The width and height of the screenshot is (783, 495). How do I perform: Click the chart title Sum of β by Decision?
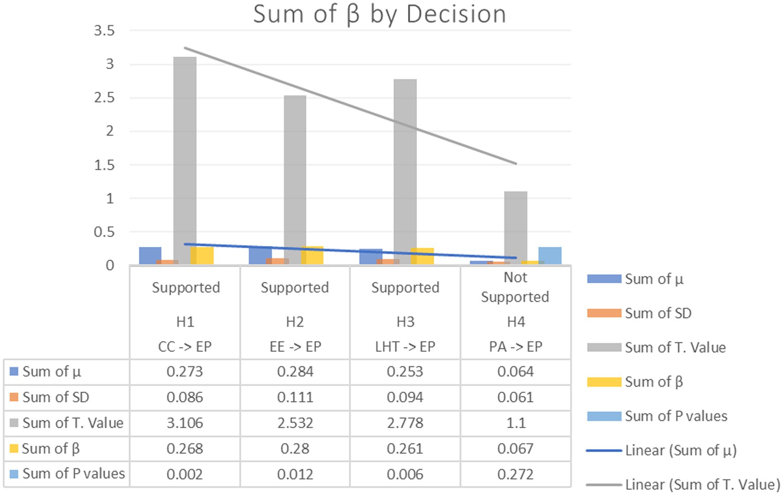point(379,14)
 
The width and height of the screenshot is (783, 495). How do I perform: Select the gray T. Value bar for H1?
point(185,160)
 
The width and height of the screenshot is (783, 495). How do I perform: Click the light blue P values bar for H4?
point(550,255)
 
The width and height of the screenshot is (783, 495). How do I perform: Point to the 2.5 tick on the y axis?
point(104,98)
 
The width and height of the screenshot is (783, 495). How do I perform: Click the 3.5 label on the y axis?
point(104,31)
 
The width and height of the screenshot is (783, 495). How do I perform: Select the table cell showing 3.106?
point(185,423)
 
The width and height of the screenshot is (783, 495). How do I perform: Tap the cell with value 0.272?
point(515,474)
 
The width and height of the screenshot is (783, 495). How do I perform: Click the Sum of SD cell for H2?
point(295,397)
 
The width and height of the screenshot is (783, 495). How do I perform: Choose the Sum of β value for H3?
point(405,448)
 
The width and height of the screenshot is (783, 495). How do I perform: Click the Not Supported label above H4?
point(515,287)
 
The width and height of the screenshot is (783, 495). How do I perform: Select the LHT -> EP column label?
point(405,347)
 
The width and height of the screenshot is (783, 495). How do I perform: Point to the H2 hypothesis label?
point(295,322)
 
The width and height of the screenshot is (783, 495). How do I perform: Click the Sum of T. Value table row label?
point(73,423)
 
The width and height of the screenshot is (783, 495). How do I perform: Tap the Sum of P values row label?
point(73,474)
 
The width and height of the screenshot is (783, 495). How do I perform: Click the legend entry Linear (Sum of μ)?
point(680,450)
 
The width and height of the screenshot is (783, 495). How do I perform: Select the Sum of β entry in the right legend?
point(654,382)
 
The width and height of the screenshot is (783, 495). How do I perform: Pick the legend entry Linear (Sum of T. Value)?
point(702,484)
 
